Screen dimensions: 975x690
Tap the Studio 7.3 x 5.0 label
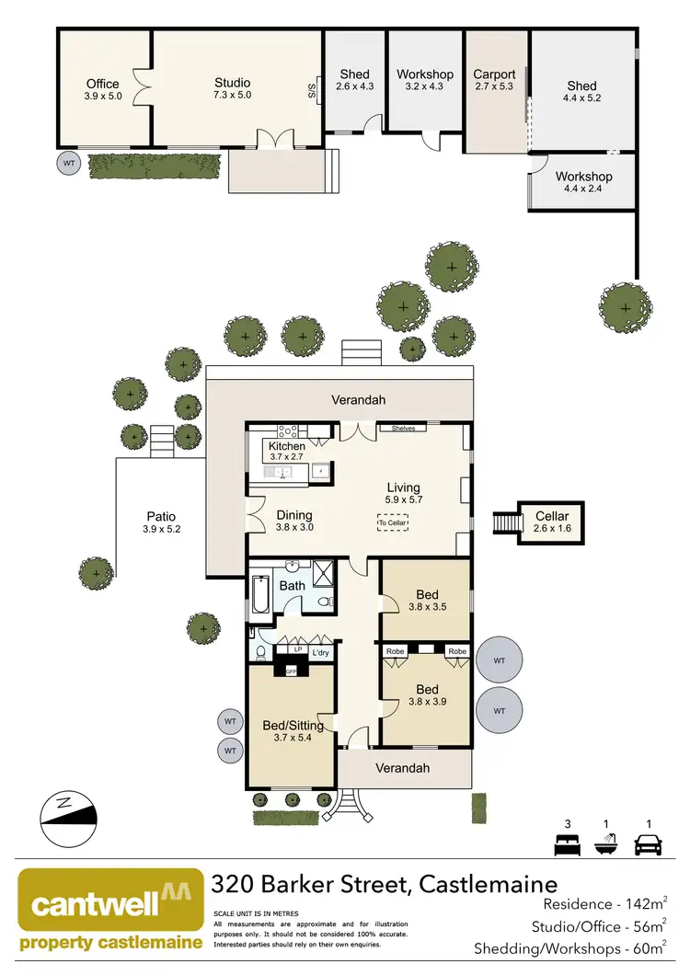[x=232, y=88]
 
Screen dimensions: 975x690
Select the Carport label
[x=494, y=75]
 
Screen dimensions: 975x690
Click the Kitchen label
[x=286, y=446]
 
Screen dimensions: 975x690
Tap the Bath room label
[x=292, y=585]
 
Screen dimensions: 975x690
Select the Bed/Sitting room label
[x=293, y=726]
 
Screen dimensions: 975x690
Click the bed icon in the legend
[x=564, y=843]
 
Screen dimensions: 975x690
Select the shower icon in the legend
[x=607, y=843]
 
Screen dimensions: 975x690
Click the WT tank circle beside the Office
[x=68, y=164]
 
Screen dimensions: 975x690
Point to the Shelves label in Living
[x=404, y=428]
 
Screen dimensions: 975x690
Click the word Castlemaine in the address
[x=488, y=885]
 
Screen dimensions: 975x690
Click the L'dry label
[x=320, y=652]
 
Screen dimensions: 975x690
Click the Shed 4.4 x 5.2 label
[x=581, y=92]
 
